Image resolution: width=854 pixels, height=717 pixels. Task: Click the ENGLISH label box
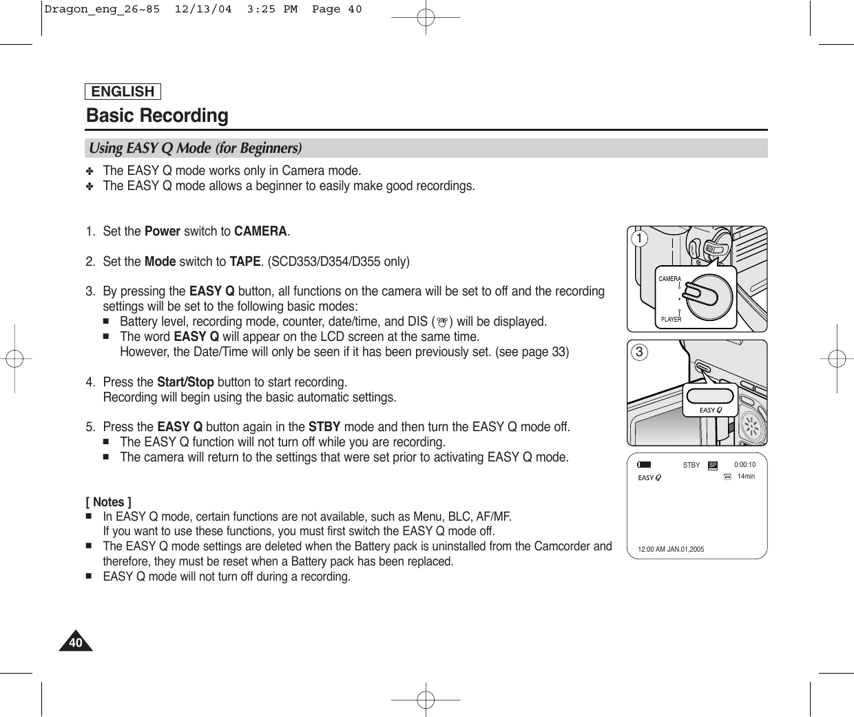(x=123, y=92)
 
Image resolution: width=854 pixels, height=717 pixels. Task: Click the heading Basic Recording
(x=157, y=115)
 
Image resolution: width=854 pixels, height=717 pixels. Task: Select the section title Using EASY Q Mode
(x=195, y=148)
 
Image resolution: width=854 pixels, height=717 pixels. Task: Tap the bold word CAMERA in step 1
(x=260, y=231)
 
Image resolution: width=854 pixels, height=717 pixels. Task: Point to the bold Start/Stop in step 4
(x=185, y=382)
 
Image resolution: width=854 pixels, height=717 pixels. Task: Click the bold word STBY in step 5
(x=324, y=427)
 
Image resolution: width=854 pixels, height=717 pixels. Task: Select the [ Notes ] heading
(x=109, y=502)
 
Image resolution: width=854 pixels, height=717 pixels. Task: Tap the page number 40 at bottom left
(x=75, y=643)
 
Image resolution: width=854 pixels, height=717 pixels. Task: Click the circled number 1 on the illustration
(x=640, y=239)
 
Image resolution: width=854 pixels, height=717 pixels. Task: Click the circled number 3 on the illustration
(x=640, y=353)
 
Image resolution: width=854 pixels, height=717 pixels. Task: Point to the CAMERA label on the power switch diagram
(x=669, y=279)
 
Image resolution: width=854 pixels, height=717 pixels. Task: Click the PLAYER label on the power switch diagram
(x=671, y=320)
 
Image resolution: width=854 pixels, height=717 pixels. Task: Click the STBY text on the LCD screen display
(x=691, y=466)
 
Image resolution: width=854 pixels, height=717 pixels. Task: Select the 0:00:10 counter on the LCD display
(x=744, y=465)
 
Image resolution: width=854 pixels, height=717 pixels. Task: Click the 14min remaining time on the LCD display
(x=746, y=477)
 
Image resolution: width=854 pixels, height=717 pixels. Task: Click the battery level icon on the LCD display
(x=644, y=465)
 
